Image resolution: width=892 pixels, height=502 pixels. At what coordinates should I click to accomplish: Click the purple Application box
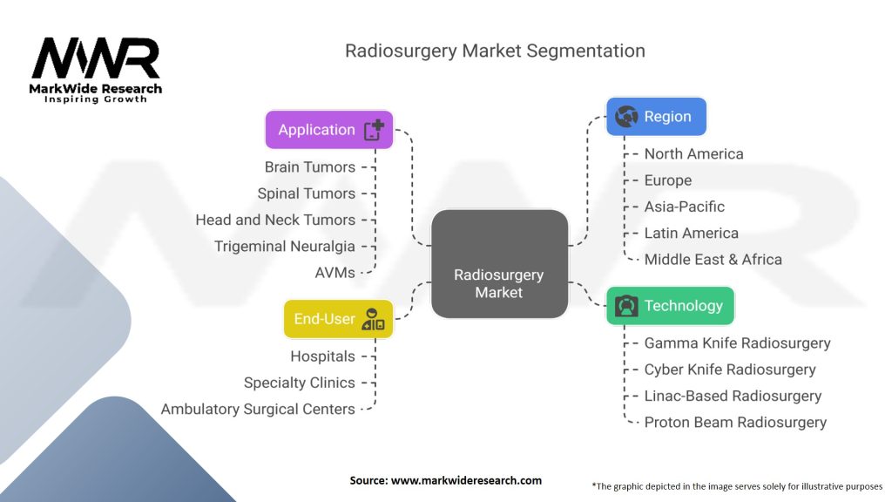pyautogui.click(x=328, y=130)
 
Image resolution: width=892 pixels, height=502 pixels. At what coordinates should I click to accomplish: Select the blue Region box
pyautogui.click(x=656, y=117)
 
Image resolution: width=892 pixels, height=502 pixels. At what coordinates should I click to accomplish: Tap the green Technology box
pyautogui.click(x=670, y=306)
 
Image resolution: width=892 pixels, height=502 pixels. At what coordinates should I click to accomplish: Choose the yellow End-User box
pyautogui.click(x=339, y=319)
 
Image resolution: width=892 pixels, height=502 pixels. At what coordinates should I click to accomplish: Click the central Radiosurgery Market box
pyautogui.click(x=499, y=263)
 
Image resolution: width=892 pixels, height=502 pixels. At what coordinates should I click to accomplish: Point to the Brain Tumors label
pyautogui.click(x=309, y=167)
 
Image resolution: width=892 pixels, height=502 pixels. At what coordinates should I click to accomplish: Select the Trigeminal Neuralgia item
pyautogui.click(x=285, y=247)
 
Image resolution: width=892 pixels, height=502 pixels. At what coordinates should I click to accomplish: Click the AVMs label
pyautogui.click(x=335, y=273)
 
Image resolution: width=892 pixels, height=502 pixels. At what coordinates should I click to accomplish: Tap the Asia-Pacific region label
pyautogui.click(x=685, y=207)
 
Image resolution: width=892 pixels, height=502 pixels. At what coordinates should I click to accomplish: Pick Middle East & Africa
pyautogui.click(x=713, y=260)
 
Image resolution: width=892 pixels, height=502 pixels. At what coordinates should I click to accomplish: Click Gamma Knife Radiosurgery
pyautogui.click(x=737, y=343)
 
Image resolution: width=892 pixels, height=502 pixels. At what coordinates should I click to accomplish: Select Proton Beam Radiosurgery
pyautogui.click(x=735, y=423)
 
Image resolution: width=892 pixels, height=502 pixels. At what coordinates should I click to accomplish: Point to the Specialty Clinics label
pyautogui.click(x=300, y=383)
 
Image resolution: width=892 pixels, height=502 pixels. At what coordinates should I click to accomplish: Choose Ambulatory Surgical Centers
pyautogui.click(x=258, y=410)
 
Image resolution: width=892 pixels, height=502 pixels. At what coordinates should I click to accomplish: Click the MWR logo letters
pyautogui.click(x=96, y=58)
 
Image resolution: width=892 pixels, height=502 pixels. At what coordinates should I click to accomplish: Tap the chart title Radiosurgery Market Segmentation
pyautogui.click(x=495, y=51)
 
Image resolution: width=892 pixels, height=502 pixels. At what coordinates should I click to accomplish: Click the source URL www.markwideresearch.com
pyautogui.click(x=466, y=480)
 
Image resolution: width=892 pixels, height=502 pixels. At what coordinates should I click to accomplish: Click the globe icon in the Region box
pyautogui.click(x=626, y=117)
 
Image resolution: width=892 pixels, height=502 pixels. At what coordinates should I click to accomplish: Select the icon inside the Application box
pyautogui.click(x=374, y=130)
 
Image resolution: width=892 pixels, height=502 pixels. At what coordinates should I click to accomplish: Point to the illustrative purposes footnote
pyautogui.click(x=737, y=486)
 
